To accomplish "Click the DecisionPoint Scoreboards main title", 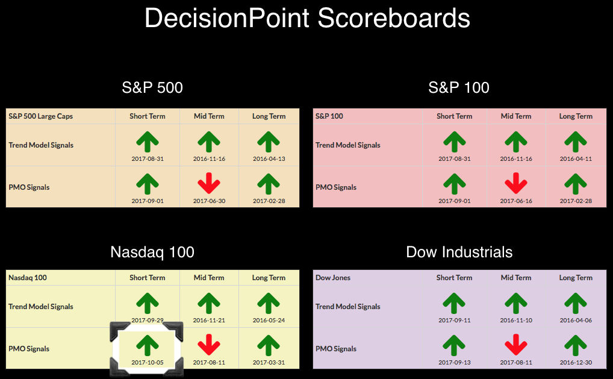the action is tap(307, 18).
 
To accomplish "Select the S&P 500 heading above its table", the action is tap(152, 87).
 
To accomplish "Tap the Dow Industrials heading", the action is tap(459, 252).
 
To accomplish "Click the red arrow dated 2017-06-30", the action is tap(209, 183).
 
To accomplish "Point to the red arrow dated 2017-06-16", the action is tap(516, 183).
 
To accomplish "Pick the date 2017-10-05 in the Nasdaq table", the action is tap(148, 363).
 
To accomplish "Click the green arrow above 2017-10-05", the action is tap(148, 345).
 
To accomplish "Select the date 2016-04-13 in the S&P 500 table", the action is tap(269, 159).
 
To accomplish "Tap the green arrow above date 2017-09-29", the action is tap(148, 304).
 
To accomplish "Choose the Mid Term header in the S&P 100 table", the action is tap(516, 116).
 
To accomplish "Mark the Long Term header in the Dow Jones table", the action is tap(576, 278).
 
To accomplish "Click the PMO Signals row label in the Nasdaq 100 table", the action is tap(29, 349).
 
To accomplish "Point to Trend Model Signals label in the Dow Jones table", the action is tap(348, 307).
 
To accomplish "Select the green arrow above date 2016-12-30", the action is tap(576, 345).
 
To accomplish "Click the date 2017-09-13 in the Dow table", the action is tap(454, 363).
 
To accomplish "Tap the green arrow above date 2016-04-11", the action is tap(576, 141).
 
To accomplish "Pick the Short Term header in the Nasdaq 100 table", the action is tap(148, 278).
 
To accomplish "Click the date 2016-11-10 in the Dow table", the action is tap(516, 321).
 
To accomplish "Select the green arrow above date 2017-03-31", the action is tap(269, 345).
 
